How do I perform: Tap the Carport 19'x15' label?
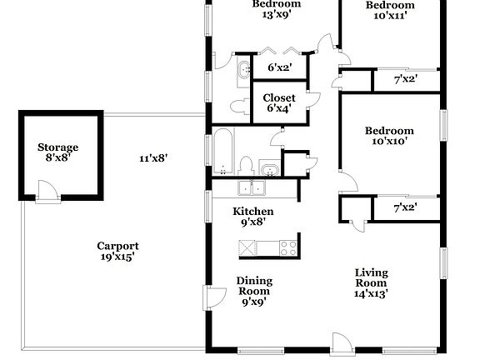pyautogui.click(x=117, y=251)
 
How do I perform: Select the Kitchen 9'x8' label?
pyautogui.click(x=252, y=217)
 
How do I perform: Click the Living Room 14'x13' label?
pyautogui.click(x=371, y=282)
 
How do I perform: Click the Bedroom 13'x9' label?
pyautogui.click(x=277, y=8)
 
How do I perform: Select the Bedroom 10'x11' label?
pyautogui.click(x=390, y=11)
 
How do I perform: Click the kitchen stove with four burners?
pyautogui.click(x=287, y=247)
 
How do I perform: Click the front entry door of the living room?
pyautogui.click(x=342, y=342)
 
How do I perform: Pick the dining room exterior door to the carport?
pyautogui.click(x=215, y=297)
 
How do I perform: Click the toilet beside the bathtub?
pyautogui.click(x=247, y=164)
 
